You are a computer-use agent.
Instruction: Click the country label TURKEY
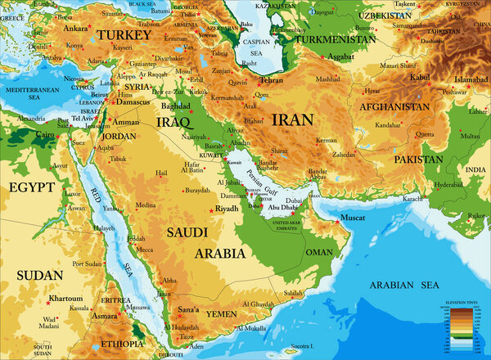pos(124,36)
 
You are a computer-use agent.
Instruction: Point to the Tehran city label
pos(271,81)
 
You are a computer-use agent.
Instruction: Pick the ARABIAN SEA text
pos(403,286)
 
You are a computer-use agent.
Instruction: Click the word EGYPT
pos(31,187)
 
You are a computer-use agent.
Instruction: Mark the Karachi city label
pos(413,199)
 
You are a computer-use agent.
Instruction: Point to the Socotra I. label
pos(303,347)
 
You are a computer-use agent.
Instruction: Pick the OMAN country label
pos(319,253)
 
